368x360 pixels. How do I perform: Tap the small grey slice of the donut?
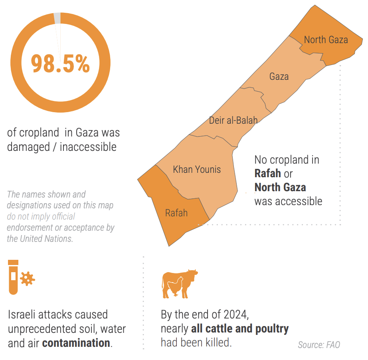57,18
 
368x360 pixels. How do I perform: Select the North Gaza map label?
326,40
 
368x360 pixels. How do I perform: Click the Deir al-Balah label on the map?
233,120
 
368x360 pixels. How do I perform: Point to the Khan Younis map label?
197,169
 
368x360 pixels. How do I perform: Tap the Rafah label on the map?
176,212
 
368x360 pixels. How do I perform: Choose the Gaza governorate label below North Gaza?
279,76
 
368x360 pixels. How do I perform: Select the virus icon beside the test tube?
28,278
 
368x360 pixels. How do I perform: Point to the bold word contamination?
76,342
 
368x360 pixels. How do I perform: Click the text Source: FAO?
319,344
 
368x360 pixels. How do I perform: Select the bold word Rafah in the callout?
267,174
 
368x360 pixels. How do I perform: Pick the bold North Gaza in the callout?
280,187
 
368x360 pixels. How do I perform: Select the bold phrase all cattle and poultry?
240,328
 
